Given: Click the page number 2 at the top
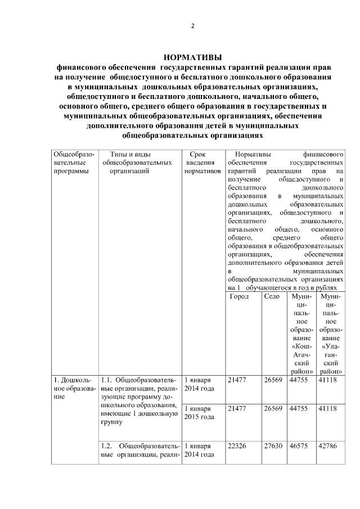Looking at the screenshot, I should [192, 26].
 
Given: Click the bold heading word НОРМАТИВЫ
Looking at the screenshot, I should [192, 57].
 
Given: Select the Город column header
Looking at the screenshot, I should [240, 296].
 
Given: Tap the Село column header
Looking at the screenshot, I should [272, 296].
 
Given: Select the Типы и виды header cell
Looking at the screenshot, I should [138, 163].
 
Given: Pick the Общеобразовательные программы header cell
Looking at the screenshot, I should [74, 163].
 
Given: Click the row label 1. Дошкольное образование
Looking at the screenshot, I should [74, 388].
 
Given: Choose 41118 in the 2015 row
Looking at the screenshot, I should [330, 409].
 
